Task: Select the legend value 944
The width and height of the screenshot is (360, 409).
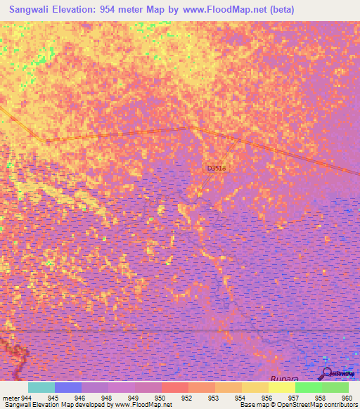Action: click(27, 398)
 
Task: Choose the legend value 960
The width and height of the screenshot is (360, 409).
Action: click(345, 398)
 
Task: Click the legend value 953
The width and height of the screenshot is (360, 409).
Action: click(212, 398)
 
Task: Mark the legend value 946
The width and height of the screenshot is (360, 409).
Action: click(79, 398)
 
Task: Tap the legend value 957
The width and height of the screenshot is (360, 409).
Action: click(292, 398)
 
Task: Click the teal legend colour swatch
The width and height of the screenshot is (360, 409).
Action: click(41, 387)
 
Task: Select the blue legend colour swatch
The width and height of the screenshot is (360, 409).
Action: click(68, 387)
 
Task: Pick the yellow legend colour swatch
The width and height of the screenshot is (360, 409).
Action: click(282, 387)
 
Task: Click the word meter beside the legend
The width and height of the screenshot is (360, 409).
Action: click(10, 398)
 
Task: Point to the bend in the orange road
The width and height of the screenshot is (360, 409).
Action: click(188, 128)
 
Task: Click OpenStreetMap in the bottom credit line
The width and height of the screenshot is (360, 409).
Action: click(299, 405)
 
